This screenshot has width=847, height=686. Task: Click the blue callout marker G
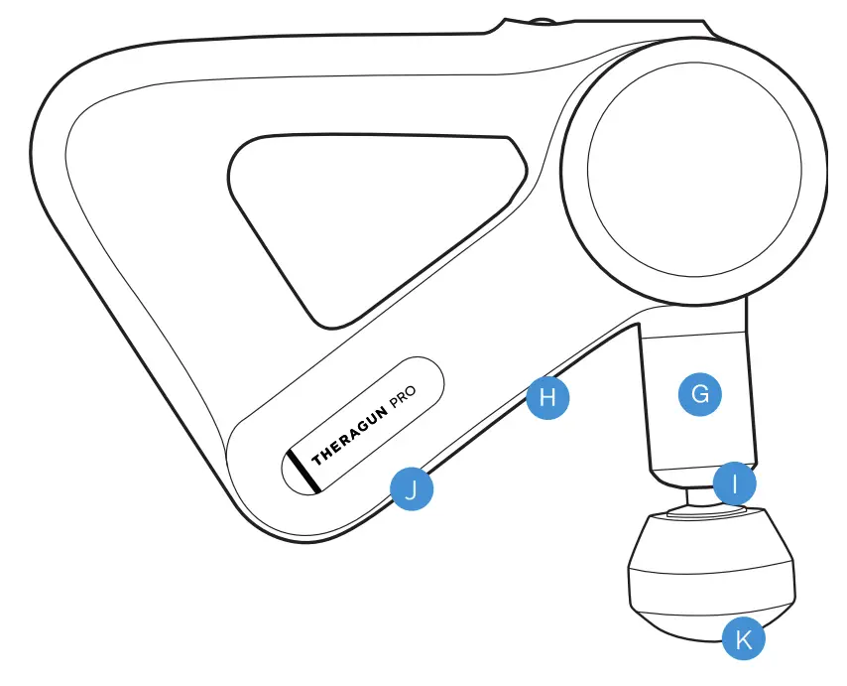(x=700, y=394)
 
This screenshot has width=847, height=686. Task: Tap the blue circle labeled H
(x=548, y=398)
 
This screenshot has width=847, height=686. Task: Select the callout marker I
(x=735, y=484)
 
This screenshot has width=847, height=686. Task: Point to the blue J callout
(x=412, y=488)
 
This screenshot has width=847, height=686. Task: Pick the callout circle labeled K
(x=744, y=639)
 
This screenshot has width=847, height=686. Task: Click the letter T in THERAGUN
(x=316, y=459)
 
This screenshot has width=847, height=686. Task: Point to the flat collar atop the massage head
(x=706, y=512)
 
